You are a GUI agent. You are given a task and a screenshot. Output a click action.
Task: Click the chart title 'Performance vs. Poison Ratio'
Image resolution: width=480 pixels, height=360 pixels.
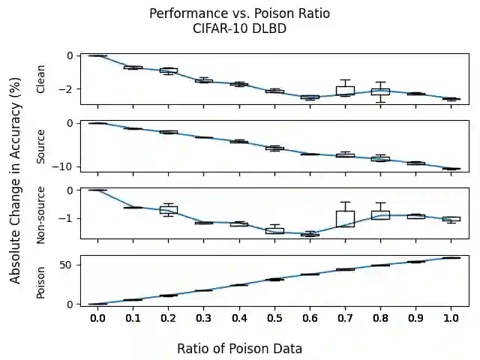[x=239, y=13]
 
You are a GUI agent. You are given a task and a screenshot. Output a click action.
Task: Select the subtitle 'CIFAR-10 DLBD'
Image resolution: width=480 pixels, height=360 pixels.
[x=239, y=28]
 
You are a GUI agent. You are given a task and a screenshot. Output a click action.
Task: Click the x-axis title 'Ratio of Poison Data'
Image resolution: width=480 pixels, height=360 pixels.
[x=239, y=349]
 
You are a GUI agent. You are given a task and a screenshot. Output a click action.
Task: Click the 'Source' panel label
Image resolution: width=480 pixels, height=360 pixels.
[x=41, y=146]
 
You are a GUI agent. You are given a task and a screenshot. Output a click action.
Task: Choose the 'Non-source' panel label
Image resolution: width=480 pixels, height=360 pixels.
[x=41, y=214]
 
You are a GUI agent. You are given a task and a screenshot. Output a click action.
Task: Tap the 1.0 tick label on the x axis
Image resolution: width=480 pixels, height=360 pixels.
[x=451, y=319]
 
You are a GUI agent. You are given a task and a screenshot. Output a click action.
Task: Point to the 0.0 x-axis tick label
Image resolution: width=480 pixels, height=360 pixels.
[x=97, y=319]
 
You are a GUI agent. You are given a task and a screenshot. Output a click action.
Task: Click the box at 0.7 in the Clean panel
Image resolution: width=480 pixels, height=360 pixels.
[x=345, y=91]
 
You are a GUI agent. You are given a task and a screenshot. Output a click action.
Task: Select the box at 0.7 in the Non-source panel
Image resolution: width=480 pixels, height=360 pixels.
[x=345, y=218]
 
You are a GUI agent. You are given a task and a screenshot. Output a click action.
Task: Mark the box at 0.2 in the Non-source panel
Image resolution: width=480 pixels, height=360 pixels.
[x=169, y=209]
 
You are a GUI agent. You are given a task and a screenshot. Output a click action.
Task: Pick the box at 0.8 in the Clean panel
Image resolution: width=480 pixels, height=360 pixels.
[x=380, y=91]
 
